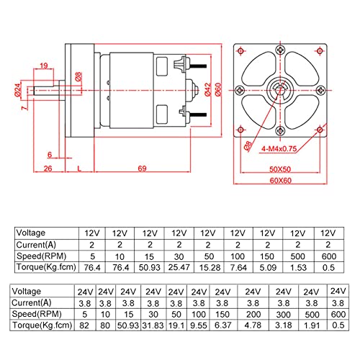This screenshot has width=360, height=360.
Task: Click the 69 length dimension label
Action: click(x=142, y=168)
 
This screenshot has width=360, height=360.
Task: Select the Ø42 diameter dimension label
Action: click(x=208, y=89)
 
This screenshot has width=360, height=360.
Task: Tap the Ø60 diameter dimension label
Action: click(x=218, y=89)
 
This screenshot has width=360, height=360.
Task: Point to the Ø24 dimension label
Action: click(x=18, y=90)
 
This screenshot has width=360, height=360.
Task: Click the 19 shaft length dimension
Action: click(x=44, y=66)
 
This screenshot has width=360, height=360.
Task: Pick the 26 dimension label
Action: click(x=48, y=168)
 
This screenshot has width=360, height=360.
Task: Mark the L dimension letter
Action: click(x=79, y=168)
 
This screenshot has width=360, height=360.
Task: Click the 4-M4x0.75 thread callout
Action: click(x=279, y=149)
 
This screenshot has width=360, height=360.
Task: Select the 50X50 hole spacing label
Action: click(x=280, y=169)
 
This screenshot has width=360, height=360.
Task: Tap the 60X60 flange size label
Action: click(x=281, y=180)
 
